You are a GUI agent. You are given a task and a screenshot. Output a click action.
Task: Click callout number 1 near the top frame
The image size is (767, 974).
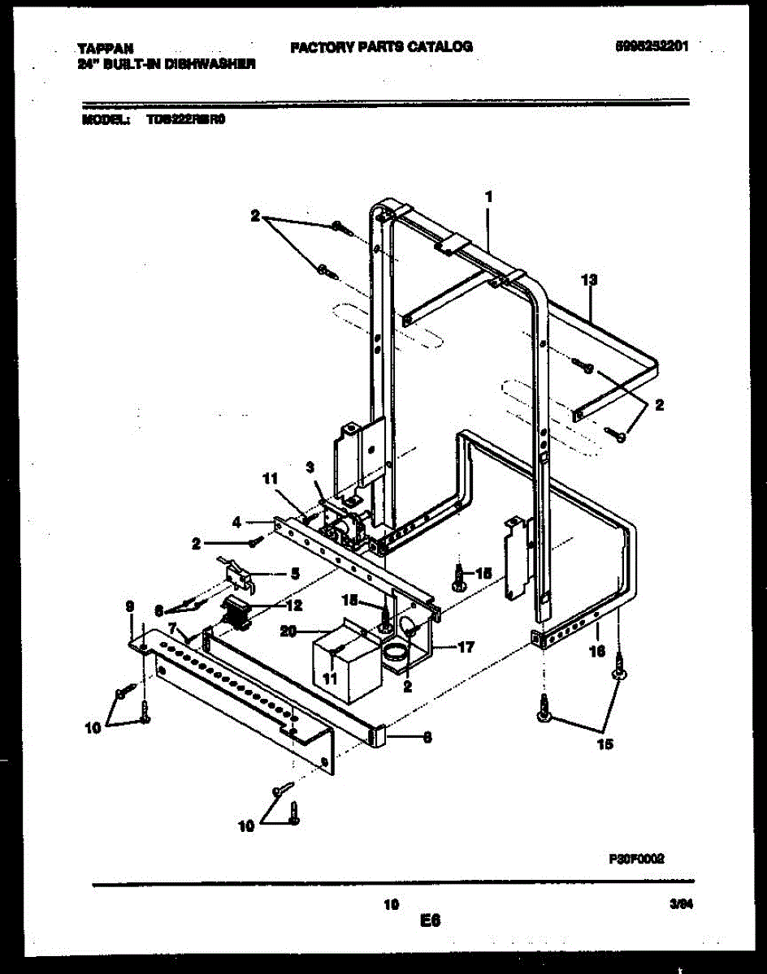[x=488, y=197]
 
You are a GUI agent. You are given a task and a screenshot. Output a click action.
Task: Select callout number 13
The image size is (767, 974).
[x=590, y=280]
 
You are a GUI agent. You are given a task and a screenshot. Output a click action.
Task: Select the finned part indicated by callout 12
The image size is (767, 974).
[x=236, y=610]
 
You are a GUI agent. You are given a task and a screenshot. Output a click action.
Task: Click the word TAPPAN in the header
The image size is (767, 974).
[x=105, y=48]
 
